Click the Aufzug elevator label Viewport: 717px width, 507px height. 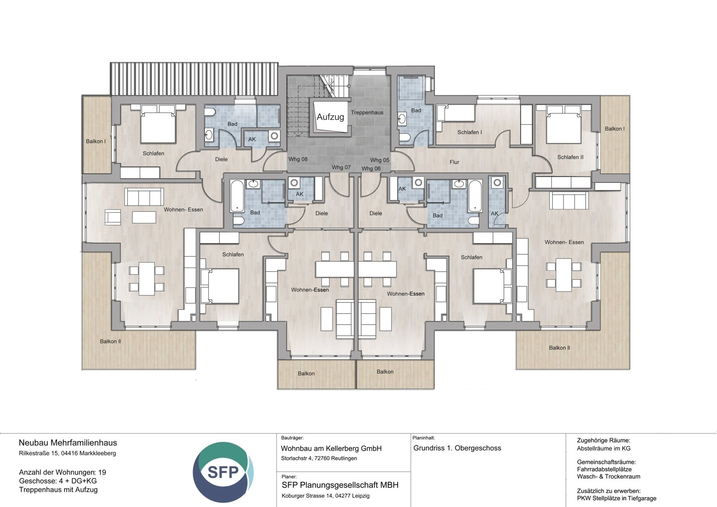point(330,117)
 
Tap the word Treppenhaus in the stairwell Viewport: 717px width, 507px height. point(367,112)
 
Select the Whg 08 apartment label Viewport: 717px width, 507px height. point(298,159)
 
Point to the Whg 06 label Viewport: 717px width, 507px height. point(371,169)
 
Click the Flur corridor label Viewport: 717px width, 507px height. point(454,162)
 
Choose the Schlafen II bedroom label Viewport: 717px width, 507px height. point(570,157)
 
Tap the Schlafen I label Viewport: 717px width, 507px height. point(469,132)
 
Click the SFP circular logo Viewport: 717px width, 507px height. point(223,472)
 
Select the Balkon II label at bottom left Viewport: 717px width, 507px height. point(110,341)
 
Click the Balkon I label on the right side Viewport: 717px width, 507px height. point(615,129)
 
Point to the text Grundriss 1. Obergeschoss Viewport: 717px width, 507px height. point(457,448)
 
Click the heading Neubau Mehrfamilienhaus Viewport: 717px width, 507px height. point(68,443)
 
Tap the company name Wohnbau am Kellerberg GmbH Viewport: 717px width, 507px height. point(331,448)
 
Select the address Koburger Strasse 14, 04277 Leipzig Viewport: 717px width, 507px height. point(325,496)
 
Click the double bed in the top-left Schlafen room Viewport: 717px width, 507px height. point(158,126)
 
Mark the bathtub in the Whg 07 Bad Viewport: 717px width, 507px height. point(237,196)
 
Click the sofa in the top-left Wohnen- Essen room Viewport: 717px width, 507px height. point(144,196)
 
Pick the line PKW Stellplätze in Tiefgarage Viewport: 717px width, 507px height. point(616,498)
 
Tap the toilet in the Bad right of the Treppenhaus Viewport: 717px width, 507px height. point(404,138)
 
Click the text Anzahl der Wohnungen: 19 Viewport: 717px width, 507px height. point(63,472)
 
